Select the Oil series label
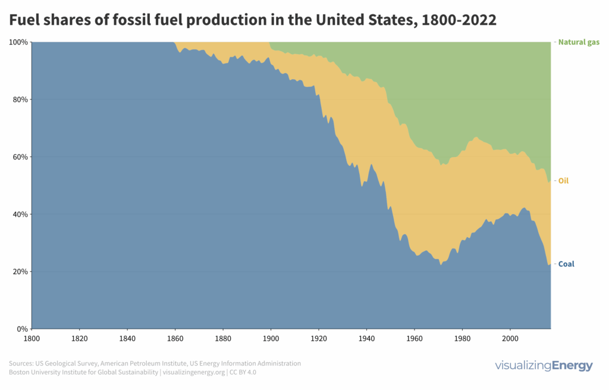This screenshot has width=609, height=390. point(563,180)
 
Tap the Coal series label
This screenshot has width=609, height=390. point(566,264)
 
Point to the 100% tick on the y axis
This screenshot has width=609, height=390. point(18,42)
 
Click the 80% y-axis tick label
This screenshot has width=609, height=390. point(20,99)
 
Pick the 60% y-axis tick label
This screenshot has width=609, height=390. point(20,157)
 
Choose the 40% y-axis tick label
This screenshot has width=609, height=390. point(20,214)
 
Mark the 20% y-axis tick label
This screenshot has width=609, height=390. point(20,272)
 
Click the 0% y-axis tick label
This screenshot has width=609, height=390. point(21,329)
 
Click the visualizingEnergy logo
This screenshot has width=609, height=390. point(544,366)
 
